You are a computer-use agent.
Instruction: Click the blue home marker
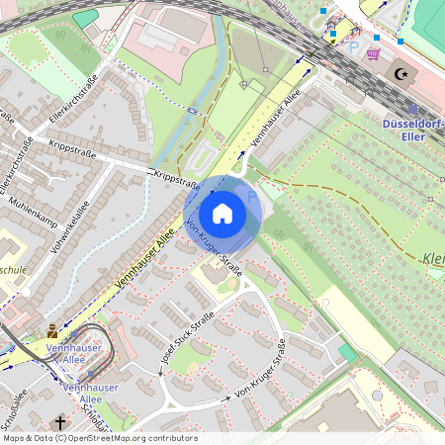[x=222, y=214]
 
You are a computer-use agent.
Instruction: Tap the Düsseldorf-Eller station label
[x=412, y=130]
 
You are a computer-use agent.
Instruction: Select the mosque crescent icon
[x=400, y=73]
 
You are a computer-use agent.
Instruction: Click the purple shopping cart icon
[x=373, y=53]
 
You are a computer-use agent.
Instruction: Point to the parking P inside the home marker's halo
[x=251, y=196]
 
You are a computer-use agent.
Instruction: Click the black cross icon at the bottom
[x=60, y=423]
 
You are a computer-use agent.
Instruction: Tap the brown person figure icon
[x=52, y=331]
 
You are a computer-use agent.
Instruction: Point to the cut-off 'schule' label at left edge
[x=13, y=269]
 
